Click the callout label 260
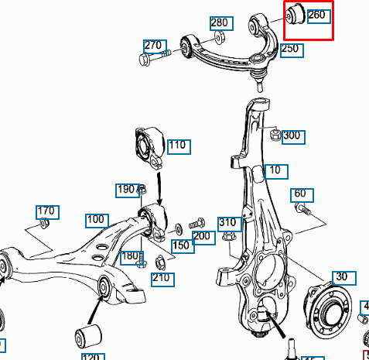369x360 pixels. point(317,15)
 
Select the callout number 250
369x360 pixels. point(289,49)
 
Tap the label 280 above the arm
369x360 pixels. point(219,23)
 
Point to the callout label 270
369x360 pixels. point(153,46)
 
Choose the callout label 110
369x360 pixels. point(178,145)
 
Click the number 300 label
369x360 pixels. point(292,135)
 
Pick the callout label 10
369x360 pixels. point(275,171)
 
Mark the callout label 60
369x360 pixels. point(299,194)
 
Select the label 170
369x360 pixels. point(46,211)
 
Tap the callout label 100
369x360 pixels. point(95,220)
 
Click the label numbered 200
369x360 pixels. point(202,236)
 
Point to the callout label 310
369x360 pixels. point(227,223)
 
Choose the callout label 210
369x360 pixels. point(161,277)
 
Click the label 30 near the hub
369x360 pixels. point(341,276)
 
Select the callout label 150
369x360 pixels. point(181,245)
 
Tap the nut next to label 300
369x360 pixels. point(275,136)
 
